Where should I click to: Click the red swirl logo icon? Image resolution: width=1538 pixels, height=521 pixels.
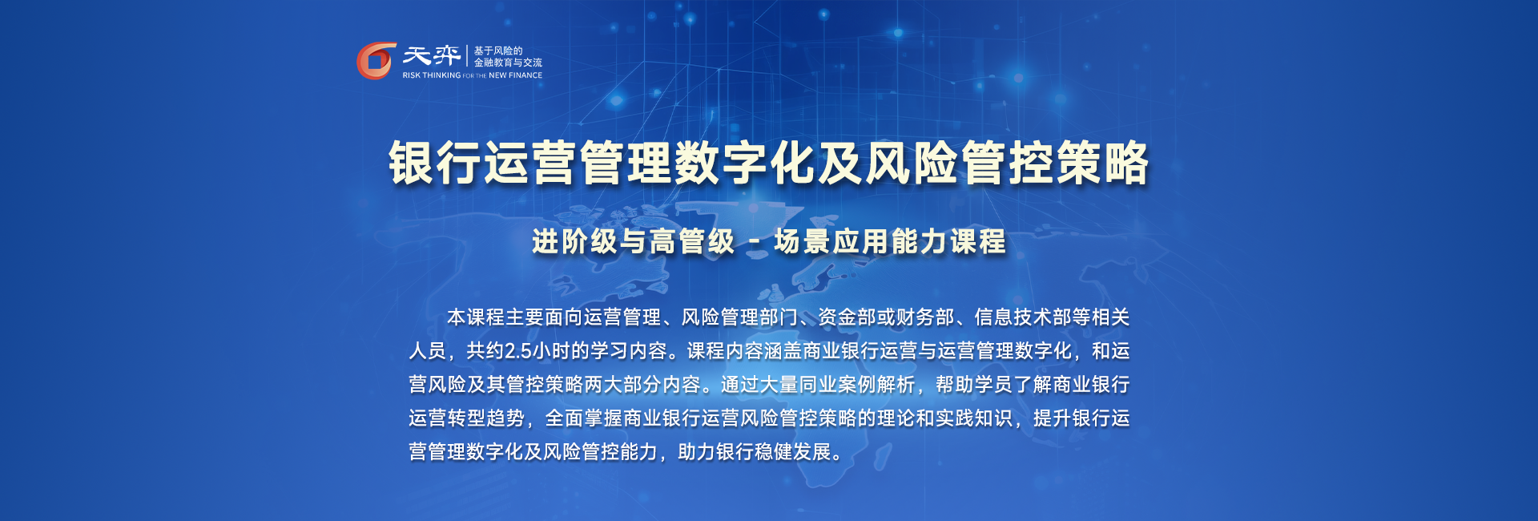tap(376, 61)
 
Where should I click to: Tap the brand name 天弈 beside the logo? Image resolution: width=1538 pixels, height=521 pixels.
tap(432, 55)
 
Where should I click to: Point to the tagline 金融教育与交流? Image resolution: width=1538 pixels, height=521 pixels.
tap(508, 63)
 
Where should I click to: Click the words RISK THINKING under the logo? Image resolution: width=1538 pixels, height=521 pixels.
tap(432, 75)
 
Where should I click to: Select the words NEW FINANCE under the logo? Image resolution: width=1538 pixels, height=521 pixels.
tap(516, 75)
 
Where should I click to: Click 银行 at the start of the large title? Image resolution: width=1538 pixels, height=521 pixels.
tap(435, 163)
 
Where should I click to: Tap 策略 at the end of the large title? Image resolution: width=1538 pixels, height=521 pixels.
tap(1102, 163)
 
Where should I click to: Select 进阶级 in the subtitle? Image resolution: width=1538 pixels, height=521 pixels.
tap(576, 241)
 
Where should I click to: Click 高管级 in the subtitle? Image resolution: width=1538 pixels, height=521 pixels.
tap(692, 241)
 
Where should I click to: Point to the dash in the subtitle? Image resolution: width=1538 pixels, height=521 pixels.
tap(755, 242)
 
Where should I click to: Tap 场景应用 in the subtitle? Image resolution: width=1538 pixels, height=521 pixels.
tap(831, 241)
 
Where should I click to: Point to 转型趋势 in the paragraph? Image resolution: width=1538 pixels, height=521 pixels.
tap(485, 418)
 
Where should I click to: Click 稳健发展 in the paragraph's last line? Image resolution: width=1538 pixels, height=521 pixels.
tap(793, 452)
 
